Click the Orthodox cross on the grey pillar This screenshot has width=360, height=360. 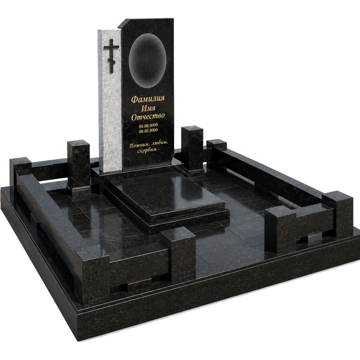click(x=112, y=55)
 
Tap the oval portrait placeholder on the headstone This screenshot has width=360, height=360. click(x=148, y=61)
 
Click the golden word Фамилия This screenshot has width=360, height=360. click(x=148, y=99)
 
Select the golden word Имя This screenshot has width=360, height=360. click(x=148, y=108)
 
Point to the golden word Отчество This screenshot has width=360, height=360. click(x=148, y=116)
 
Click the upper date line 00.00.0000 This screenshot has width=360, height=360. click(x=148, y=125)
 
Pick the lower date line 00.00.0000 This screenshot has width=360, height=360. click(x=148, y=130)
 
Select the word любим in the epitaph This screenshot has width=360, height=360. click(x=160, y=143)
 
